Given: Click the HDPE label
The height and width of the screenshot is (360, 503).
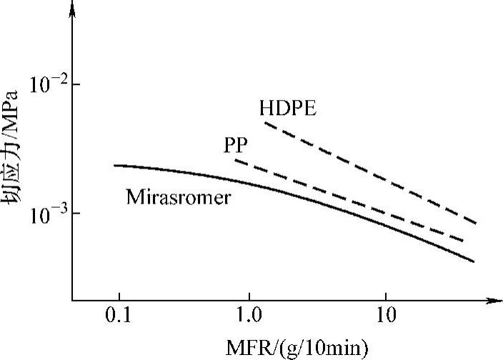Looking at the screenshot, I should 288,109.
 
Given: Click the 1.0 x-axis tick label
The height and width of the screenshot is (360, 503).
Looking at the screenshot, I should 249,315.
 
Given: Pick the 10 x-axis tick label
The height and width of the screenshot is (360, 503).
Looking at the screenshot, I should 385,315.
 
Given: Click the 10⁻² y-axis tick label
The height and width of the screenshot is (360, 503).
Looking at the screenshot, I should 46,84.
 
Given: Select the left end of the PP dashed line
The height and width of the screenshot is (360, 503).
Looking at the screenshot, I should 235,160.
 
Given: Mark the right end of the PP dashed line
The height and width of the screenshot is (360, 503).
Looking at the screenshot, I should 464,242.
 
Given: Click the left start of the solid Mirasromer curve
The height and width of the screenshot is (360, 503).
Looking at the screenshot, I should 114,165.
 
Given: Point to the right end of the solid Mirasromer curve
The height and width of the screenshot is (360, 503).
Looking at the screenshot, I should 474,261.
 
